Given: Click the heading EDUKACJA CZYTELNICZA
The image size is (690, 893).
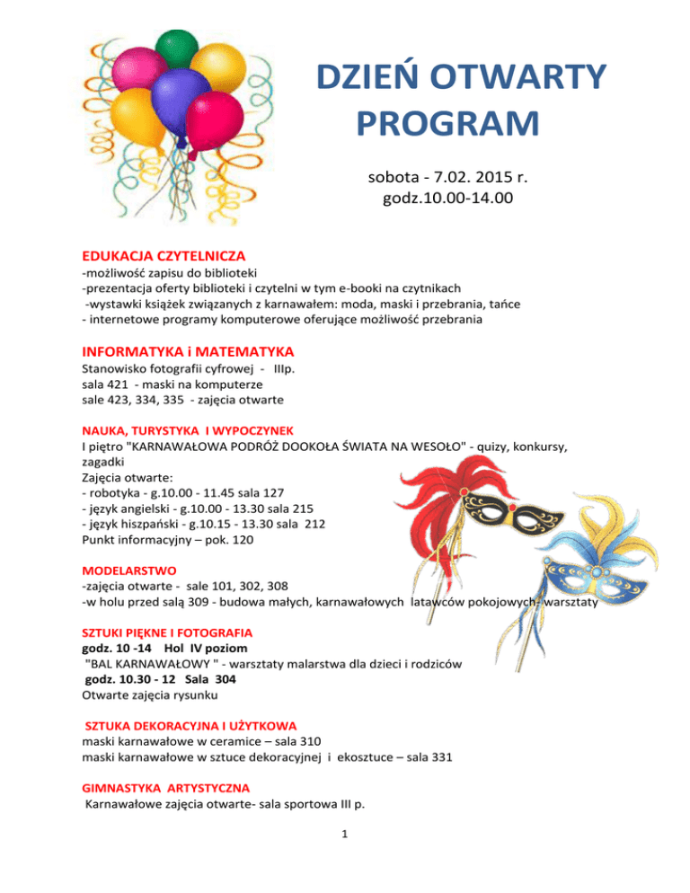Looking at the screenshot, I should pos(164,257).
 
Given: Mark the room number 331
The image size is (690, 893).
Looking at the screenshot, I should pos(440,756).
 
